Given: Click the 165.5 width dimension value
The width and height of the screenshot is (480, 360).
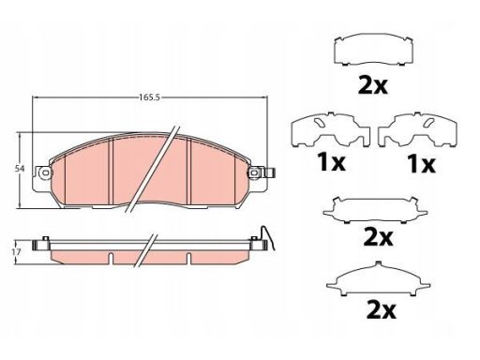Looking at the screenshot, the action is pos(149,97).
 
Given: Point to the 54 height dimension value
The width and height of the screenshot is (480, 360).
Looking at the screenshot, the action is pos(20,169).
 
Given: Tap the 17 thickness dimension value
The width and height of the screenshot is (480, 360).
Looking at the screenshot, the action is pos(17,251).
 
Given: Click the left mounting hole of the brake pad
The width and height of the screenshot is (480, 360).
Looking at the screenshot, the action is pos(46,172).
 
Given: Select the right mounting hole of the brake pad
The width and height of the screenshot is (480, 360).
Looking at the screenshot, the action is pos(254,172).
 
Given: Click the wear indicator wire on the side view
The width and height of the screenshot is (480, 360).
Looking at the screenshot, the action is pos(268,237).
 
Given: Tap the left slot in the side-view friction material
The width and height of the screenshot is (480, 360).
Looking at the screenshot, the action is pos(111,258).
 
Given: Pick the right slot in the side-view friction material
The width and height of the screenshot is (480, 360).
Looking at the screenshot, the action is pos(188,258).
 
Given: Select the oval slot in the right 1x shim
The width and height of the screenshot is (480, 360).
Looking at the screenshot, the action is pos(428,123).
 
